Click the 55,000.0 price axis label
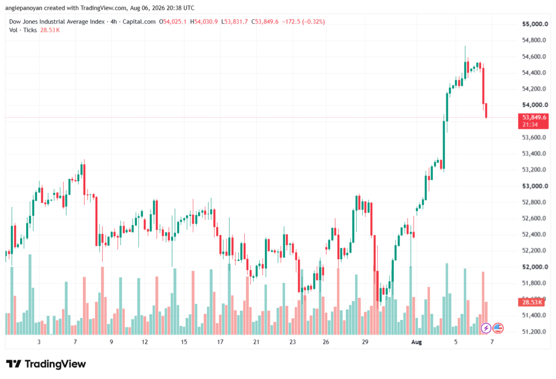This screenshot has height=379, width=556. click(535, 24)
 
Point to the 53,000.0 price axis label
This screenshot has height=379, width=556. click(535, 186)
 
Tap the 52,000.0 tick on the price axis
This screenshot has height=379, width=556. click(535, 267)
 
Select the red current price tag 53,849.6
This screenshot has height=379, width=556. click(533, 121)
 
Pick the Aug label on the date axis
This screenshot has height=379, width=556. click(416, 342)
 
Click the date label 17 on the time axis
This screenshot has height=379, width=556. click(220, 342)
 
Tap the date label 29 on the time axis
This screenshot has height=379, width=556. click(365, 342)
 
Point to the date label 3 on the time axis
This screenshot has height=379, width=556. click(39, 342)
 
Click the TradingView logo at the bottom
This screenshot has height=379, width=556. click(46, 364)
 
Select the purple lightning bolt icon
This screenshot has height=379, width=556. click(486, 329)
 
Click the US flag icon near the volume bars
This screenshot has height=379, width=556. click(498, 329)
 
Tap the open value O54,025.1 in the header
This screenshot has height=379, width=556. click(173, 22)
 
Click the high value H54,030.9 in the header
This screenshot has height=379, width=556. click(204, 22)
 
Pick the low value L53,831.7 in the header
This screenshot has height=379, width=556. click(235, 22)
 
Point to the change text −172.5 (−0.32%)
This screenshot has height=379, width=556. click(304, 22)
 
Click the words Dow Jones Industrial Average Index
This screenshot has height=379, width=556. click(56, 22)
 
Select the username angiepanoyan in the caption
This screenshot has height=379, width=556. click(23, 8)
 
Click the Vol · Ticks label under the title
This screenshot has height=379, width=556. click(23, 30)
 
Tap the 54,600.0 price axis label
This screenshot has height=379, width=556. click(534, 57)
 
